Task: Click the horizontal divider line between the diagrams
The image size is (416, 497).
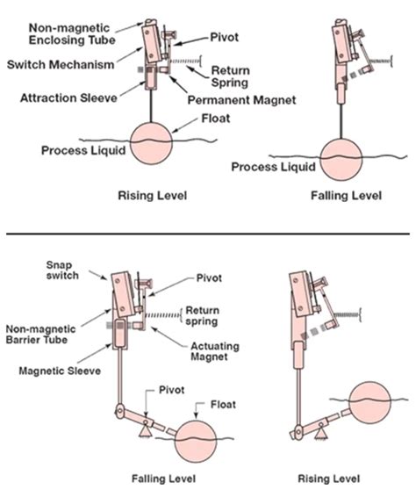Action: (x=208, y=234)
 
